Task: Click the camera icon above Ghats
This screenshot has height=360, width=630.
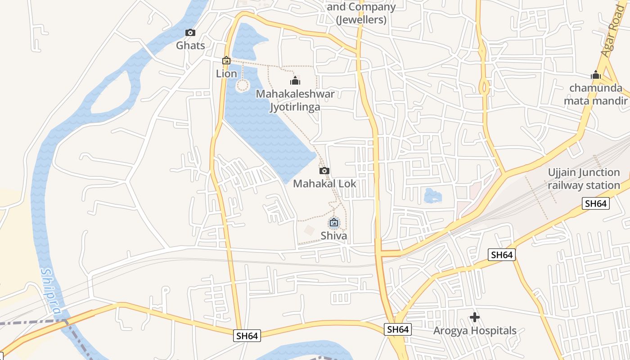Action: point(190,33)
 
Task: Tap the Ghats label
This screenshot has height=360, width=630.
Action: point(190,45)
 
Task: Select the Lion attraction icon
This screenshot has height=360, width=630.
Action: point(226,60)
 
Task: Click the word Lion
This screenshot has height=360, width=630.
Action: point(226,73)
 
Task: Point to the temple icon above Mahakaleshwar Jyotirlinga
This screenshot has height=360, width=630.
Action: point(295,81)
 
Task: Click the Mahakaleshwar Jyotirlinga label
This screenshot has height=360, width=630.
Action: point(295,100)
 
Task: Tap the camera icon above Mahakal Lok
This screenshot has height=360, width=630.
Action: point(324,171)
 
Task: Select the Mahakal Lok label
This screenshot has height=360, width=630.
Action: point(324,184)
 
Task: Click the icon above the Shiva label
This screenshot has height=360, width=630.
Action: point(334,222)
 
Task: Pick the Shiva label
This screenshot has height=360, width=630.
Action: point(334,236)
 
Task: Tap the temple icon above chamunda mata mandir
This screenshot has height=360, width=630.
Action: point(596,75)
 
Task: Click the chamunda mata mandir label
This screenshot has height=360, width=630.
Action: point(596,94)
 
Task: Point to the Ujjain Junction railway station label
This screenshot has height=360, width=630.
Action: point(584,179)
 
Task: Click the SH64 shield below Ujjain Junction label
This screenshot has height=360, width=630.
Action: point(596,203)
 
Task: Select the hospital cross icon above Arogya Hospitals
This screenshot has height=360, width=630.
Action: point(475,317)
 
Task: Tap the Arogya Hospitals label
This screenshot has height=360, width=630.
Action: point(475,331)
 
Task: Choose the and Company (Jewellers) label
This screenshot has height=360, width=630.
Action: point(361,13)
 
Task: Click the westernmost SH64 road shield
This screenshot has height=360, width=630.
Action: point(247,336)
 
